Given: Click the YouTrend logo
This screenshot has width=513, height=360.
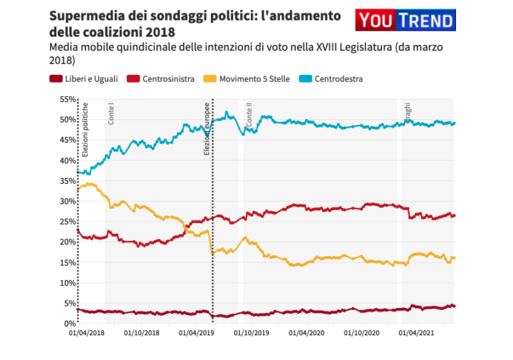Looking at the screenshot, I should (x=405, y=21).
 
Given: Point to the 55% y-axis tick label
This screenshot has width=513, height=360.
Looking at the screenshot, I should (x=67, y=99).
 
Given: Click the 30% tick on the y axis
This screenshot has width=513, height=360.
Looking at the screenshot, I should (x=67, y=201).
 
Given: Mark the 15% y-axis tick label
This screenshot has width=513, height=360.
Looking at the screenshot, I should (x=67, y=262).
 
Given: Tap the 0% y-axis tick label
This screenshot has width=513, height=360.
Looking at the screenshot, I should (x=69, y=324).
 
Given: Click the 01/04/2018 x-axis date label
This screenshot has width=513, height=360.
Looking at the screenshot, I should (x=86, y=333).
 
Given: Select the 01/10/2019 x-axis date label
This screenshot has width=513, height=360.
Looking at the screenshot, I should (x=252, y=333).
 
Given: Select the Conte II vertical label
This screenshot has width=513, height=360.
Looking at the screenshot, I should (x=249, y=116).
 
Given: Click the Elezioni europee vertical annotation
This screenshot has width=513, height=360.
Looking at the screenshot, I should (x=207, y=130).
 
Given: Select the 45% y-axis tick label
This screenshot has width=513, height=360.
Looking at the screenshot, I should (x=67, y=140).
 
